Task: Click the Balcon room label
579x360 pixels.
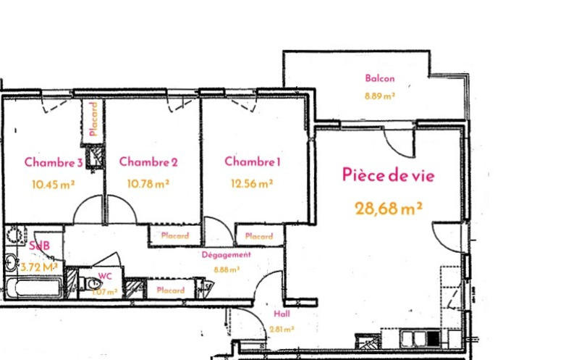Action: click(x=379, y=79)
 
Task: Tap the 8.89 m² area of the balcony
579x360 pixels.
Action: click(x=379, y=95)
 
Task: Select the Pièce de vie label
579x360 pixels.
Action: click(x=388, y=175)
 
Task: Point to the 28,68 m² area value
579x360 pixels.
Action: click(x=389, y=209)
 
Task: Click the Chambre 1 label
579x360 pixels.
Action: click(x=252, y=162)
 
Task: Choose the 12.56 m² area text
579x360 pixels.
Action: click(x=252, y=183)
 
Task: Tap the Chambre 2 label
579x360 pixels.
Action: click(x=148, y=162)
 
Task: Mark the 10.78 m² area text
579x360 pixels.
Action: click(x=148, y=184)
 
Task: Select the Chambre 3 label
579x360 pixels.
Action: click(x=54, y=162)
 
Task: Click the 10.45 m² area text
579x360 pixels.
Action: click(x=54, y=184)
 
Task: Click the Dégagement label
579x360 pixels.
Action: click(x=226, y=255)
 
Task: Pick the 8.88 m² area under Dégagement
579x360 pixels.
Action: click(x=226, y=269)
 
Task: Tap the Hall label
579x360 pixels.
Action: click(x=282, y=315)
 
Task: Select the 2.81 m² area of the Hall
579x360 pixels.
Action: click(x=282, y=329)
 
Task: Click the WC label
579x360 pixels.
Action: click(x=105, y=276)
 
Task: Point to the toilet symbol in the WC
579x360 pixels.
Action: click(x=93, y=284)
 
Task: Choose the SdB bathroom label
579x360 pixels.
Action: click(x=39, y=246)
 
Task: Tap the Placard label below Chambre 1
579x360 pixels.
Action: click(x=259, y=236)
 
